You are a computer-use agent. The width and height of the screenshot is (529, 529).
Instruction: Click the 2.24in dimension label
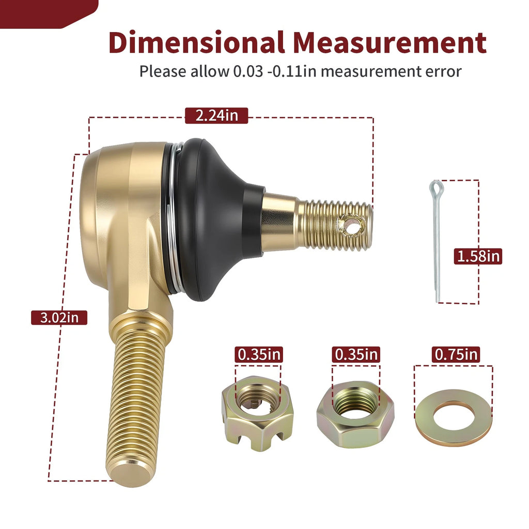pos(216,116)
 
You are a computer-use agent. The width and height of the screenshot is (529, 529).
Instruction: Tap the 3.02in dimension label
pos(59,318)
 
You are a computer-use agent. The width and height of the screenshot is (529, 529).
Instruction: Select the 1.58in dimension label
pos(478,256)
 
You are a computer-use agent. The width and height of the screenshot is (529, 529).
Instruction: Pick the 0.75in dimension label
pos(456,354)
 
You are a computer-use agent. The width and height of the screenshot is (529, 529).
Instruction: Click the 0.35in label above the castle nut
pos(259,354)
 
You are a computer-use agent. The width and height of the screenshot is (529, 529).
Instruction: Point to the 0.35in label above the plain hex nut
pos(356,354)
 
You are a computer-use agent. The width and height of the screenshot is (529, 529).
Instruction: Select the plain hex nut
pos(355,414)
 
